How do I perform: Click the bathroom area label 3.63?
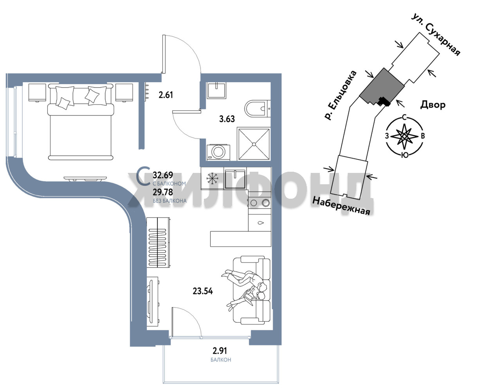(227, 119)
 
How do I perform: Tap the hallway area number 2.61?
(166, 95)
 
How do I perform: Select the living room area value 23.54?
(203, 291)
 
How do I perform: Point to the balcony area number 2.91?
(220, 351)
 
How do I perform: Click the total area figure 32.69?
(163, 175)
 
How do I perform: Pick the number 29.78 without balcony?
(163, 192)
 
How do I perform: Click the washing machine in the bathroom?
(218, 152)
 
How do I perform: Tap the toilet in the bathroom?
(258, 108)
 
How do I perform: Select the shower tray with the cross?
(254, 144)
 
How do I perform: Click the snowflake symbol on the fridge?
(212, 178)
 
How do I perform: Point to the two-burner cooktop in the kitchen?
(260, 203)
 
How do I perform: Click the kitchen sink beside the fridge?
(235, 179)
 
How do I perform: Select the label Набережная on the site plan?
(341, 206)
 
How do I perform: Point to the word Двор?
(433, 105)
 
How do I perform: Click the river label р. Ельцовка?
(340, 95)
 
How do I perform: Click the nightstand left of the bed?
(37, 93)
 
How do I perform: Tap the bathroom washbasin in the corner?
(216, 91)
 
